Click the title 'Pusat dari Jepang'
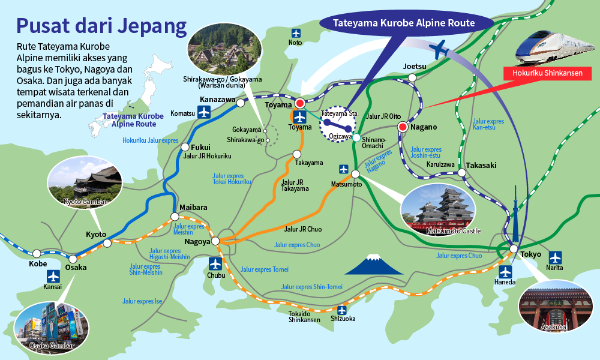tap(101, 26)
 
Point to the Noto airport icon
tap(295, 32)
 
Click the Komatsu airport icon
tap(205, 112)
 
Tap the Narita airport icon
tap(556, 258)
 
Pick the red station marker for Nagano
tap(403, 127)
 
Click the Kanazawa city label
tap(217, 99)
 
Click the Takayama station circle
tap(296, 154)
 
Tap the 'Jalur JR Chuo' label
tap(302, 229)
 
